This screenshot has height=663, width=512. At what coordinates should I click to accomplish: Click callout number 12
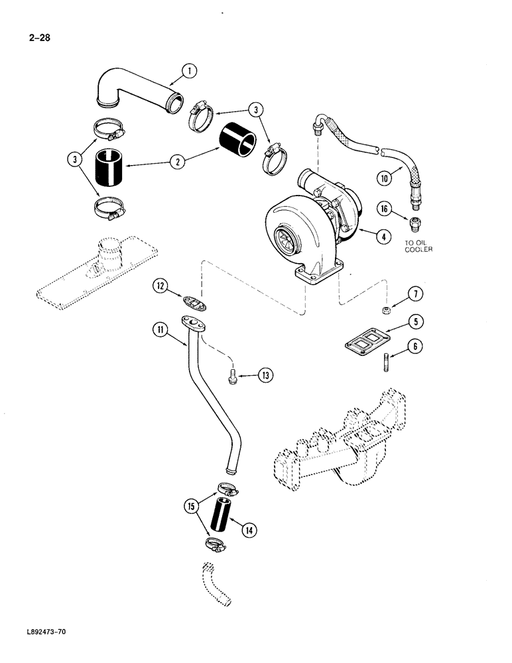(161, 286)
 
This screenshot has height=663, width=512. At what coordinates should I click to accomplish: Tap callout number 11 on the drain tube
(160, 328)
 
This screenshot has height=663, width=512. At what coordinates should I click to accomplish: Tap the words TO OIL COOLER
(419, 246)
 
